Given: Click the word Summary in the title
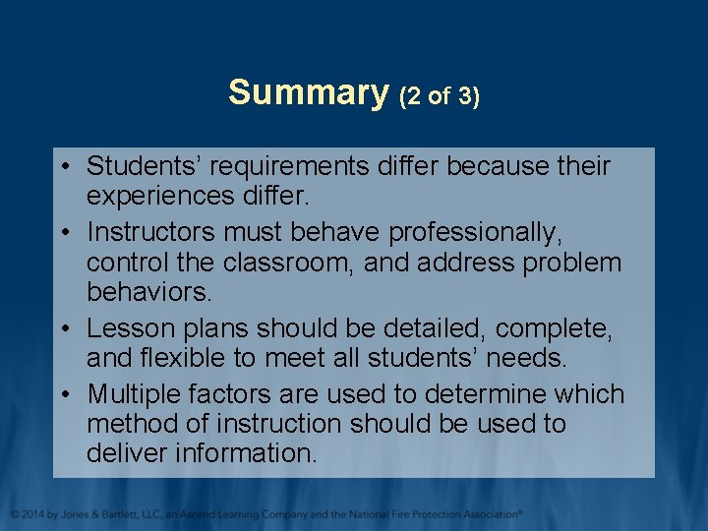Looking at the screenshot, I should (309, 93).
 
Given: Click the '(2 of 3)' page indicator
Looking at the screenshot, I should (440, 96).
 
